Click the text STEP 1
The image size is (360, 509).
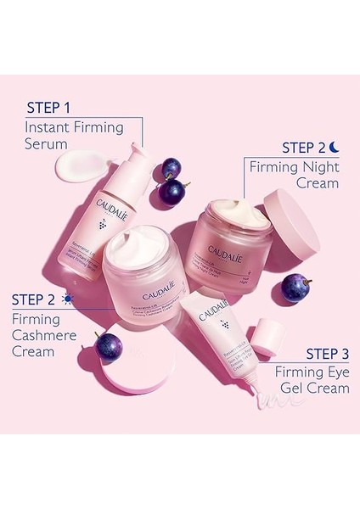click(55, 109)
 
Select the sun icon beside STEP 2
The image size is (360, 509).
click(67, 299)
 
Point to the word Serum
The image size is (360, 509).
click(46, 144)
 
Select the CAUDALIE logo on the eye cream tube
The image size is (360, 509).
click(213, 307)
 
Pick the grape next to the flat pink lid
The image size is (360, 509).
click(108, 346)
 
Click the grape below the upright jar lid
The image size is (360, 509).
click(295, 287)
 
